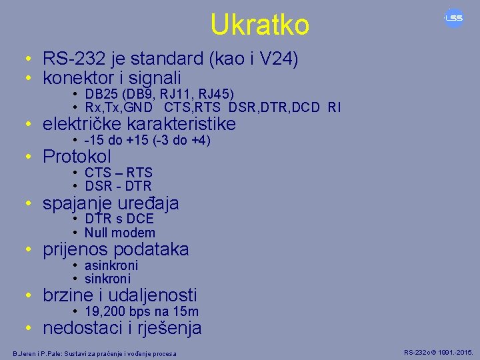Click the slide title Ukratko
tap(259, 25)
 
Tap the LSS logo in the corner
tap(454, 18)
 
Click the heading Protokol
tap(77, 157)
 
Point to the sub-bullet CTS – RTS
tap(119, 173)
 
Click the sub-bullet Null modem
tap(120, 233)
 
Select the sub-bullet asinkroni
tap(111, 265)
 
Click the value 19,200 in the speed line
tap(103, 311)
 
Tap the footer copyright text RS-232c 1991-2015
tap(438, 351)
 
